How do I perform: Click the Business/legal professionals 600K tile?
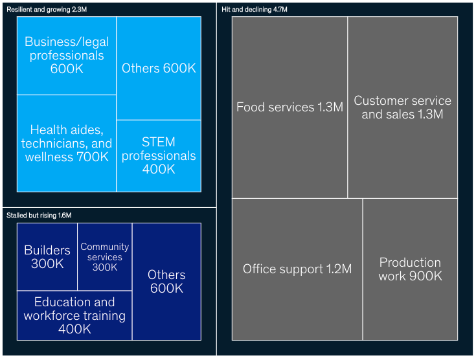pos(67,56)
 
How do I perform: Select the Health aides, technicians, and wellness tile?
pos(67,143)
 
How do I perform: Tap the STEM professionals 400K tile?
pos(159,155)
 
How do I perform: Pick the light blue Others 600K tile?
pos(159,68)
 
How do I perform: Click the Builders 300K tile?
pos(47,256)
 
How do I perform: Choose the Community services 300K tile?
pos(105,256)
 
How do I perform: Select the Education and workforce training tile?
pos(74,315)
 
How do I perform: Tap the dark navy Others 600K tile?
pos(166,282)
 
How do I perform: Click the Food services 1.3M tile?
pos(289,107)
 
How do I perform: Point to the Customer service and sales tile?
pos(402,107)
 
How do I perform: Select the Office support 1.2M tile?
pos(297,269)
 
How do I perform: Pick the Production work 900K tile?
pos(410,269)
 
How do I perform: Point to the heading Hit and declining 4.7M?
pos(255,10)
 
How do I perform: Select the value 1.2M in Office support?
pos(339,269)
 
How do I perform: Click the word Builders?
pos(47,250)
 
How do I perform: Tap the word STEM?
pos(159,142)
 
